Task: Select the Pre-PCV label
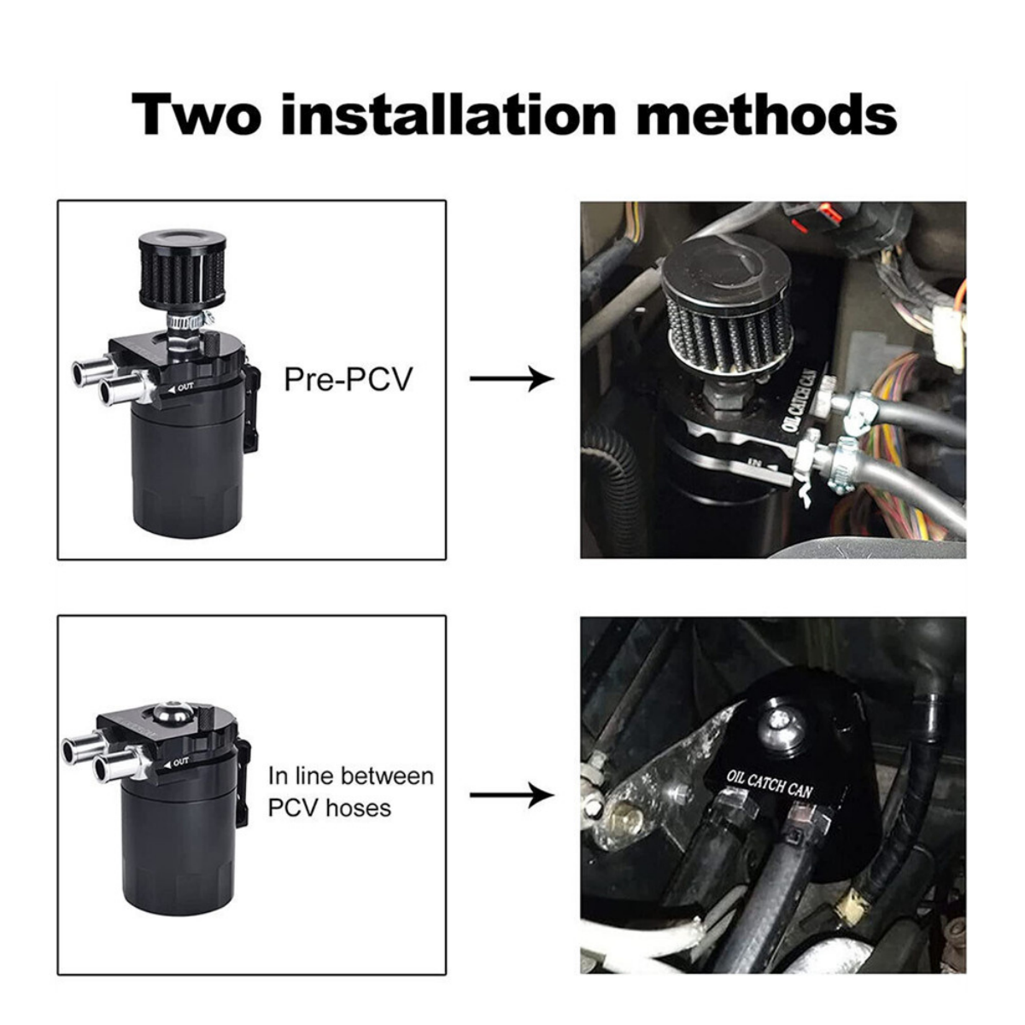point(348,378)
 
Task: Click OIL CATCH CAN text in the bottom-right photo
point(769,782)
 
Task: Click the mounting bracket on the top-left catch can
point(251,408)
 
